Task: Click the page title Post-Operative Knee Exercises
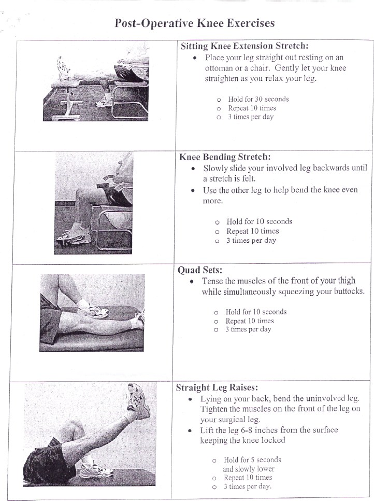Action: (x=194, y=23)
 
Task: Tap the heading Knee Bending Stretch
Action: (x=225, y=157)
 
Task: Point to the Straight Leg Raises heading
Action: (x=217, y=387)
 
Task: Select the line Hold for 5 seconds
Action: (x=252, y=460)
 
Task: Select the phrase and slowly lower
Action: (x=249, y=469)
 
